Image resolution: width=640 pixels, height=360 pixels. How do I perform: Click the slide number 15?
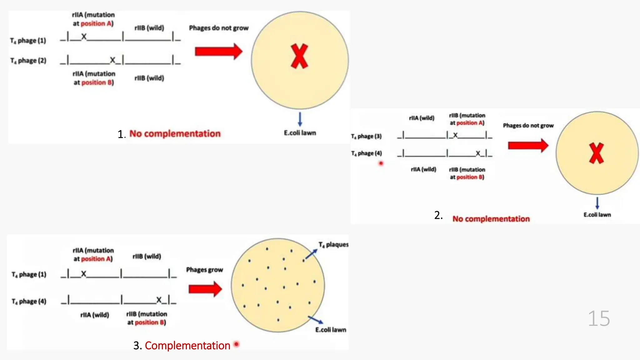tap(599, 319)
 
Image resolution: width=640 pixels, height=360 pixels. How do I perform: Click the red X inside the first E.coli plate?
tap(299, 56)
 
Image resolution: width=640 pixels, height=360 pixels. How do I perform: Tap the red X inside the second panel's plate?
tap(596, 153)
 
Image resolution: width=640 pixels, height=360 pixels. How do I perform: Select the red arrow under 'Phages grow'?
tap(205, 289)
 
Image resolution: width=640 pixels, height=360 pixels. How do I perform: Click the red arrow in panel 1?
tap(218, 52)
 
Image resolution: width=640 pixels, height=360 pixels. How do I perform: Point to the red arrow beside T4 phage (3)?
tap(528, 146)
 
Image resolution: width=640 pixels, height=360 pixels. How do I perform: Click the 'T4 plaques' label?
tap(333, 245)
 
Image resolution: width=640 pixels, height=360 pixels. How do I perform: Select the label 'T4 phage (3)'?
tap(366, 136)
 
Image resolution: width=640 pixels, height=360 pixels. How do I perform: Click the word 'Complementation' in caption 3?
tap(187, 346)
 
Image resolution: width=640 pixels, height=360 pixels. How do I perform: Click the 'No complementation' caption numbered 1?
tap(175, 134)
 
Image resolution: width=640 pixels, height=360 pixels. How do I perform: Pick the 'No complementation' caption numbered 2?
tap(491, 219)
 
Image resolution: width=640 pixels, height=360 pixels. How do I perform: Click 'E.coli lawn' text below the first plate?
tap(300, 133)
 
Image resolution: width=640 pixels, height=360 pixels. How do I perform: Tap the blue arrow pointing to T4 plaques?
tap(311, 254)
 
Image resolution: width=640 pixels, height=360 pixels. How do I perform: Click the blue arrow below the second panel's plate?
tap(597, 203)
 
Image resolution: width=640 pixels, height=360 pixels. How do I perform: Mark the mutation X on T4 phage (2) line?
tap(112, 60)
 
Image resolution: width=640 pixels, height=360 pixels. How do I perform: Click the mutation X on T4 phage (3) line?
tap(455, 135)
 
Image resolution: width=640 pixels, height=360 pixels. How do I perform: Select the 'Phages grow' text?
tap(204, 270)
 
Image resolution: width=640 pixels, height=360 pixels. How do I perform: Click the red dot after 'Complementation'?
tap(237, 344)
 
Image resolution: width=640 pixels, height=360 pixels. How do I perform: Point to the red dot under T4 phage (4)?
tap(381, 163)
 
